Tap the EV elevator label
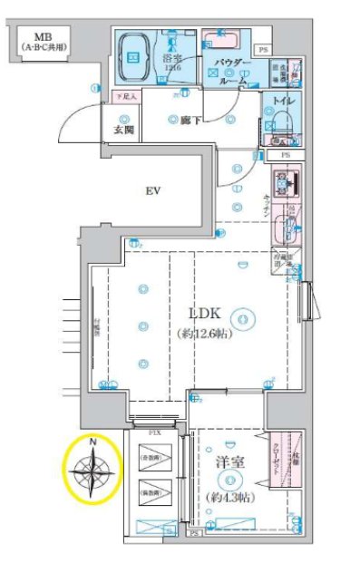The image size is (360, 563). (152, 191)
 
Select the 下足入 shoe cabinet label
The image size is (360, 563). (124, 96)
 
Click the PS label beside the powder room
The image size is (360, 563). (263, 50)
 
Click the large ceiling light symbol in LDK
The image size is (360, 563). (241, 317)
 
